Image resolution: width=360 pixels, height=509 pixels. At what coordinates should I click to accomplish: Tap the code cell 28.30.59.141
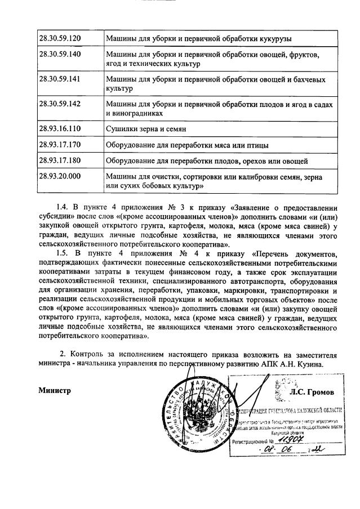pos(59,79)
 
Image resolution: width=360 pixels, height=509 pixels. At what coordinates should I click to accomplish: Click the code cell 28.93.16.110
pos(59,129)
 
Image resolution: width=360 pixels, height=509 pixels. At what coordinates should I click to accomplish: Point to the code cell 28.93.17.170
pos(59,145)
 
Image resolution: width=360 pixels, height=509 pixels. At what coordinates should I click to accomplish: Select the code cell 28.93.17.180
pos(59,160)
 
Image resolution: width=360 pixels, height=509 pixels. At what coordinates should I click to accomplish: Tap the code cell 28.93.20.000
pos(59,176)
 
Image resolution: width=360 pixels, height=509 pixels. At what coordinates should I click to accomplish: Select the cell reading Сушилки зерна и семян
pos(147,129)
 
